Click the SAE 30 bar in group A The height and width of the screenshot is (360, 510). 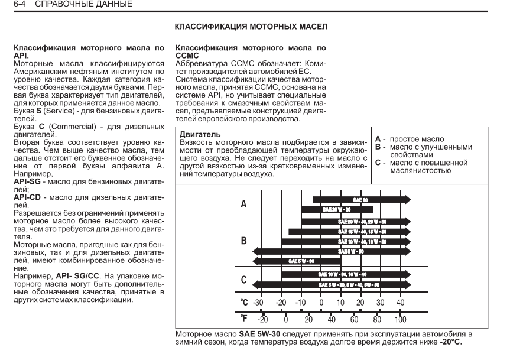pyautogui.click(x=361, y=200)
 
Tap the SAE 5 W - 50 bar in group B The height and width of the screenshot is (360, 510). pyautogui.click(x=331, y=251)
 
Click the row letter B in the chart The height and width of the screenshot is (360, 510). pyautogui.click(x=243, y=241)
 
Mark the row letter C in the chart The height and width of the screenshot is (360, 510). pyautogui.click(x=243, y=279)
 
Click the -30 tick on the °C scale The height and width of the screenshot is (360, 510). pyautogui.click(x=258, y=303)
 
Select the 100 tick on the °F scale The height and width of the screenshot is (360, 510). pyautogui.click(x=400, y=320)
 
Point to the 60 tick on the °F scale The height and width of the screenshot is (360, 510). pyautogui.click(x=355, y=320)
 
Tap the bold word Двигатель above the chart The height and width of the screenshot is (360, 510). pyautogui.click(x=198, y=135)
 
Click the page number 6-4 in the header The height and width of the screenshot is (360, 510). pyautogui.click(x=10, y=5)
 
